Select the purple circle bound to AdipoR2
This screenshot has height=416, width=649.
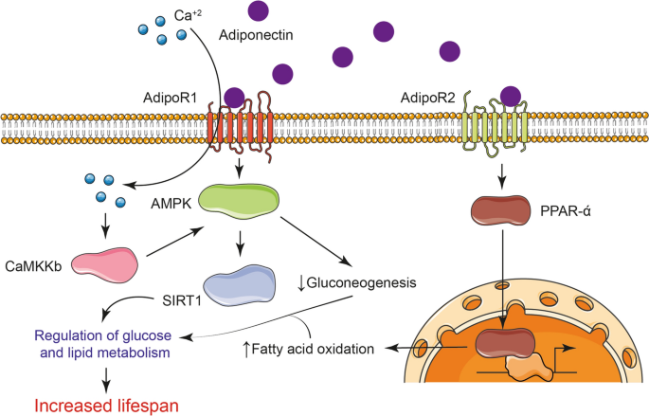point(511,96)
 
